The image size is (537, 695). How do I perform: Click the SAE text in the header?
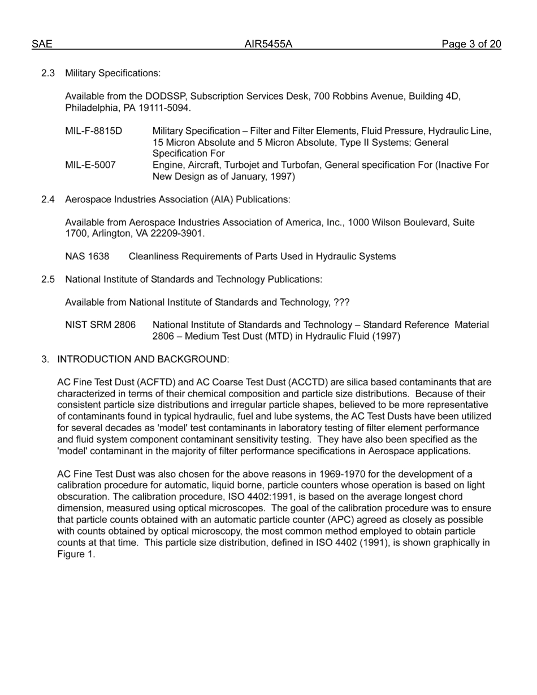tap(42, 45)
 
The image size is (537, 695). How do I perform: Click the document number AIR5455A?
tap(268, 45)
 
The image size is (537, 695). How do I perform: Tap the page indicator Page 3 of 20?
tap(471, 45)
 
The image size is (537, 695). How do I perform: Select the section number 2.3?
tap(48, 73)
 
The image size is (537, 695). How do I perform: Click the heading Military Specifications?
tap(112, 73)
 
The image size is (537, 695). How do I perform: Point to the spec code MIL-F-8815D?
tap(93, 131)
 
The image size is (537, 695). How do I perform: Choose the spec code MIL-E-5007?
tap(90, 165)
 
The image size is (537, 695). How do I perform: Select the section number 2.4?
tap(48, 199)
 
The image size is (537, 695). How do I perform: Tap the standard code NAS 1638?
tap(87, 257)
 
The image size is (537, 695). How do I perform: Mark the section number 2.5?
tap(48, 279)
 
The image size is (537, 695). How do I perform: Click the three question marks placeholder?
tap(341, 302)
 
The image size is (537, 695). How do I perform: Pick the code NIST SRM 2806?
tap(101, 325)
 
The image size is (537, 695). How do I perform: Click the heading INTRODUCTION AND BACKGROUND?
tap(143, 359)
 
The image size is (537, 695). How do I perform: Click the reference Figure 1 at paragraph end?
tap(76, 554)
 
